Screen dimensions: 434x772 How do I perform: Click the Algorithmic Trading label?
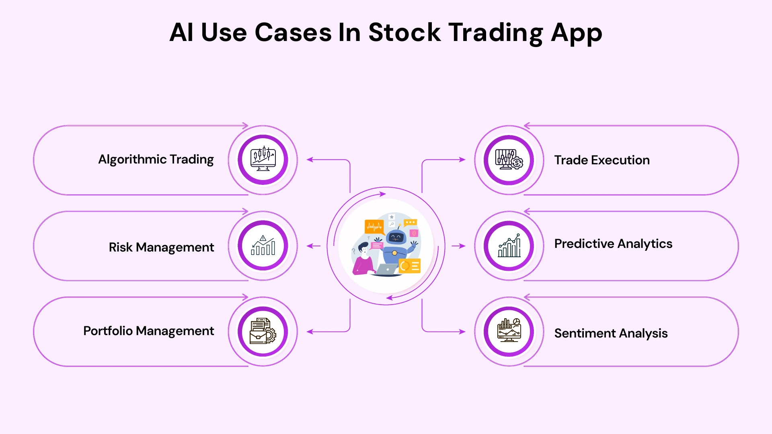(x=156, y=160)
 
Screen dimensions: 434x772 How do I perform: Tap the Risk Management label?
(x=161, y=247)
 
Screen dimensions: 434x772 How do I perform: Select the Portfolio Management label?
(x=148, y=331)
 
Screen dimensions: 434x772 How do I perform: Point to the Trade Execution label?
(x=602, y=160)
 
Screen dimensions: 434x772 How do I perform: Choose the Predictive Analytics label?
(x=613, y=244)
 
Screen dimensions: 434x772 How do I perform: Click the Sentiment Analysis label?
(x=611, y=333)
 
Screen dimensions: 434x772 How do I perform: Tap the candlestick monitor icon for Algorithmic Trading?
(x=263, y=160)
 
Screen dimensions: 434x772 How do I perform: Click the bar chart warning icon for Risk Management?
(x=263, y=246)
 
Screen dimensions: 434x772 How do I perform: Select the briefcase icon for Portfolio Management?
(x=263, y=332)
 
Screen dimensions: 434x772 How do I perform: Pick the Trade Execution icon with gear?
(x=509, y=160)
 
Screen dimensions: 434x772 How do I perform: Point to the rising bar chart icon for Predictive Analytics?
(x=509, y=246)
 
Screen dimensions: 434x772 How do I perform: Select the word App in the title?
(x=577, y=33)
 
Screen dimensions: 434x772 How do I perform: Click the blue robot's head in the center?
(x=396, y=237)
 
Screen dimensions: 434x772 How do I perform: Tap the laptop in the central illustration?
(x=386, y=269)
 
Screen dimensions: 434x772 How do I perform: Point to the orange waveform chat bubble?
(x=374, y=227)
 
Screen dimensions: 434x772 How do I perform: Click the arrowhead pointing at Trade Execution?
(x=462, y=160)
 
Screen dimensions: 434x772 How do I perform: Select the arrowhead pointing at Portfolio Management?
(x=310, y=332)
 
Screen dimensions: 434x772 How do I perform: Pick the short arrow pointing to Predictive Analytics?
(x=458, y=246)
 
